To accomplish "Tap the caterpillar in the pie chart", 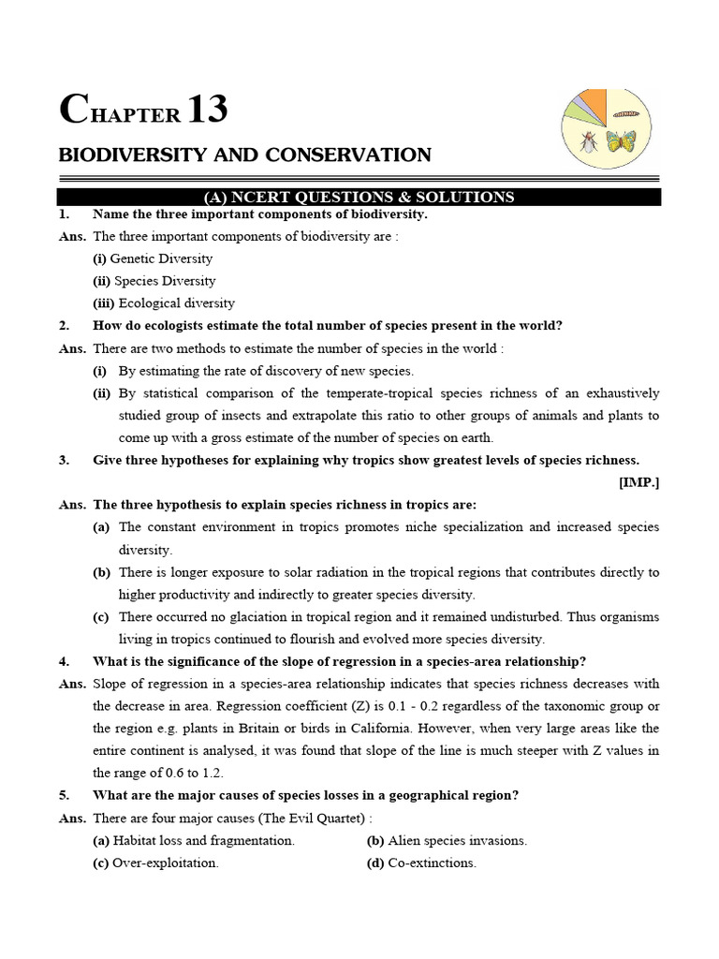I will click(x=626, y=113).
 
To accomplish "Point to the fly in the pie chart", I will click(x=588, y=140).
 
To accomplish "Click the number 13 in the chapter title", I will click(x=207, y=111).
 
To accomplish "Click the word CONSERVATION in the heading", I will click(x=355, y=155).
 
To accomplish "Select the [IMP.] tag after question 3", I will click(x=638, y=482).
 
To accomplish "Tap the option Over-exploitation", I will click(x=165, y=863).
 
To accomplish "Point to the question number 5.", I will click(x=64, y=796).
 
